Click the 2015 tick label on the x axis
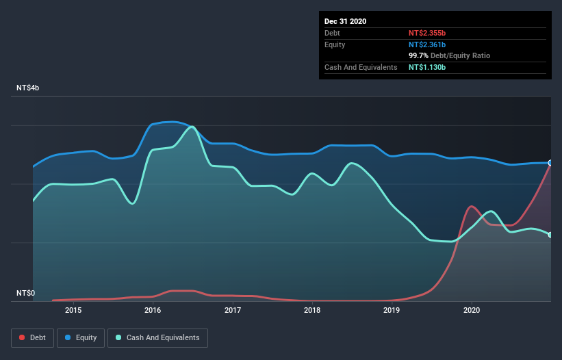[x=73, y=310]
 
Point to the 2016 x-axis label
[x=153, y=310]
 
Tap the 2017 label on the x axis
[x=233, y=310]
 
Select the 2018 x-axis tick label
[x=312, y=310]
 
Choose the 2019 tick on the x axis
[x=392, y=310]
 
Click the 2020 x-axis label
[x=472, y=310]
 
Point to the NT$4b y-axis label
[x=31, y=88]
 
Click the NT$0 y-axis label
[x=26, y=293]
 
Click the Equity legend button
[x=81, y=337]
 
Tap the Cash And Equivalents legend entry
[x=157, y=337]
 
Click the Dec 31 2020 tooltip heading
[x=345, y=21]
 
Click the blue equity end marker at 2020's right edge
[x=550, y=163]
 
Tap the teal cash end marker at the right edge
[x=550, y=235]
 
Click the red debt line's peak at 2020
[x=471, y=206]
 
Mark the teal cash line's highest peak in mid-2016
[x=192, y=127]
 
